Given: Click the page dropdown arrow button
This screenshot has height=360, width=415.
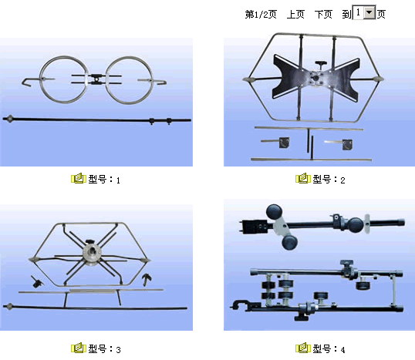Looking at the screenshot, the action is click(x=369, y=12).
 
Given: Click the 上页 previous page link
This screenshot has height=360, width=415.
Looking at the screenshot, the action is click(x=295, y=15).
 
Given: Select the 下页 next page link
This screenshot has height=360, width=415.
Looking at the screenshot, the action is click(x=323, y=15).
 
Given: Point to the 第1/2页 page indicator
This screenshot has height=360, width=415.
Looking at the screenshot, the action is click(x=261, y=15).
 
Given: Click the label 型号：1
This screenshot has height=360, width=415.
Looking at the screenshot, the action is click(x=104, y=180).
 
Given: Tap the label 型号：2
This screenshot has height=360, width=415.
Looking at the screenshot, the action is click(x=329, y=180).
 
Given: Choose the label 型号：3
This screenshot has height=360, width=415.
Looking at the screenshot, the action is click(x=104, y=349).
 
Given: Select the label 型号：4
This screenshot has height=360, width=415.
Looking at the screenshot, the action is click(x=329, y=349).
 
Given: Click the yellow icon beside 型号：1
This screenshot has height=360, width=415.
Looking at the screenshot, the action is click(x=79, y=179).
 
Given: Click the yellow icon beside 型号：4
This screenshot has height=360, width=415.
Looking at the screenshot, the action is click(x=303, y=348).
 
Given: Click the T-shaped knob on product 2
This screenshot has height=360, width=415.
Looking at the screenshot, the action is click(x=321, y=64).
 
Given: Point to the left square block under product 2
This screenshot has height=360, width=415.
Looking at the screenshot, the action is click(x=284, y=143).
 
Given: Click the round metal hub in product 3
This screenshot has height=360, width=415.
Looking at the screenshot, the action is click(x=92, y=254).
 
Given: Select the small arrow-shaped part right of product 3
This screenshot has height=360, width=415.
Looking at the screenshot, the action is click(x=147, y=279).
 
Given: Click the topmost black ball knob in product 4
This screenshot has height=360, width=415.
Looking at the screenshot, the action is click(x=274, y=212).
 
